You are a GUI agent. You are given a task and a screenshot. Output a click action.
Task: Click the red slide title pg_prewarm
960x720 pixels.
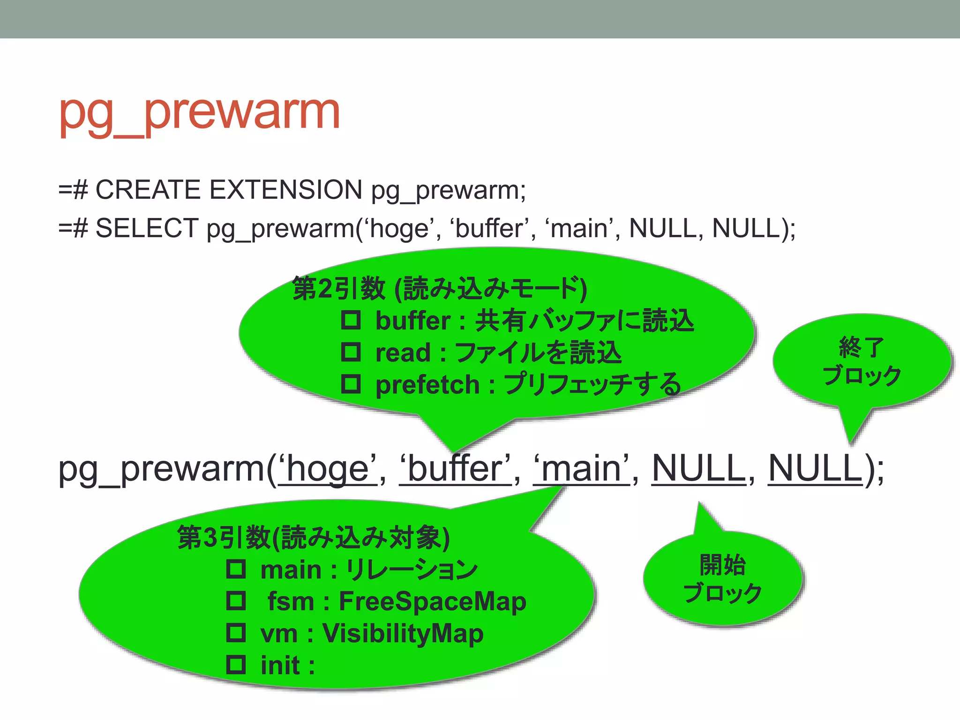199,112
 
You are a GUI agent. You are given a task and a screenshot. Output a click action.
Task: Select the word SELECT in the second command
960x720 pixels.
147,229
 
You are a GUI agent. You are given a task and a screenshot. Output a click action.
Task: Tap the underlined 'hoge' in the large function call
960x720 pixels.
328,468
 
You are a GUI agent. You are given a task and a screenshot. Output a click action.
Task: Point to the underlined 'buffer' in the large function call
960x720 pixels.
455,468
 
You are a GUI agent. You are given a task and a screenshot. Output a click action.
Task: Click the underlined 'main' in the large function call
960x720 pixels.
581,468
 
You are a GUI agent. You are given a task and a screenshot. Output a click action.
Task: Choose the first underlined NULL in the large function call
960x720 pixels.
698,468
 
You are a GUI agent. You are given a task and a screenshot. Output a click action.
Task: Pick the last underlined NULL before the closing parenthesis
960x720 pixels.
815,468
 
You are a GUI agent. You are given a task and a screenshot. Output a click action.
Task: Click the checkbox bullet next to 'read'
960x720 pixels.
351,352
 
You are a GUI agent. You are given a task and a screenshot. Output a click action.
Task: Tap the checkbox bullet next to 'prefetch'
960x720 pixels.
351,384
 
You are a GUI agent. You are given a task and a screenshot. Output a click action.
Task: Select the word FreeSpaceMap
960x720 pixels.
432,601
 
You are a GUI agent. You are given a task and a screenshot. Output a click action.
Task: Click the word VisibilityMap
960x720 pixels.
403,633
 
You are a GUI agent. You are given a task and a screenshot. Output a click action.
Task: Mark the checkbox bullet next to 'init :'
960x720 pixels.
236,665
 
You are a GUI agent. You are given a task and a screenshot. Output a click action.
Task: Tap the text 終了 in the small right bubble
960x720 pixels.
862,347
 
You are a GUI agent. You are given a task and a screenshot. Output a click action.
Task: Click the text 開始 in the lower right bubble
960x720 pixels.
722,565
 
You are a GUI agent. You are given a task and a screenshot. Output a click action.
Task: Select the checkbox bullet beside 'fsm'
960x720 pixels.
236,600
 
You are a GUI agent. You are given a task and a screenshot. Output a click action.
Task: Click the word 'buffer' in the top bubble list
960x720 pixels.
412,321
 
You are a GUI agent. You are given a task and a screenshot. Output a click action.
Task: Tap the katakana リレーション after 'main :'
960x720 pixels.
412,570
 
